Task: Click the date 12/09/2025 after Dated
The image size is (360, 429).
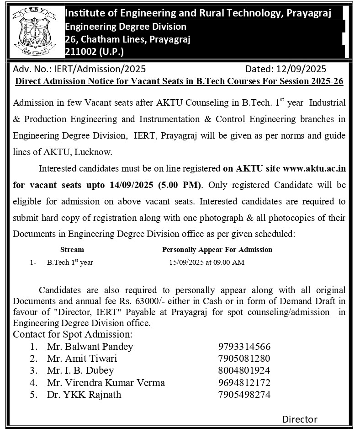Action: (x=301, y=69)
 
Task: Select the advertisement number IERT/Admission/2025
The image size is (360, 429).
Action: (x=100, y=69)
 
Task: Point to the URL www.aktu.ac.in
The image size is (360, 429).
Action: (x=314, y=168)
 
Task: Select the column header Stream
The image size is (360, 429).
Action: (x=72, y=250)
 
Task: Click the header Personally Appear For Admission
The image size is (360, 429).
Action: (x=217, y=250)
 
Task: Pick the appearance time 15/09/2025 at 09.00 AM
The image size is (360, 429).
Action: (x=206, y=263)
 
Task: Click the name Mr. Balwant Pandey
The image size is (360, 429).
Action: (x=90, y=346)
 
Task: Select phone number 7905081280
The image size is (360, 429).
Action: (x=244, y=358)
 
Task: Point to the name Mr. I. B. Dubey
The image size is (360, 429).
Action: (x=80, y=370)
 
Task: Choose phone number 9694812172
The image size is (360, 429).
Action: (x=244, y=382)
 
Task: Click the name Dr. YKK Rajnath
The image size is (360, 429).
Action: (x=84, y=394)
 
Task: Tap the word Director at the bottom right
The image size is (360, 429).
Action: (x=300, y=419)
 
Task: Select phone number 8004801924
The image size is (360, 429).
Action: (x=244, y=370)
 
